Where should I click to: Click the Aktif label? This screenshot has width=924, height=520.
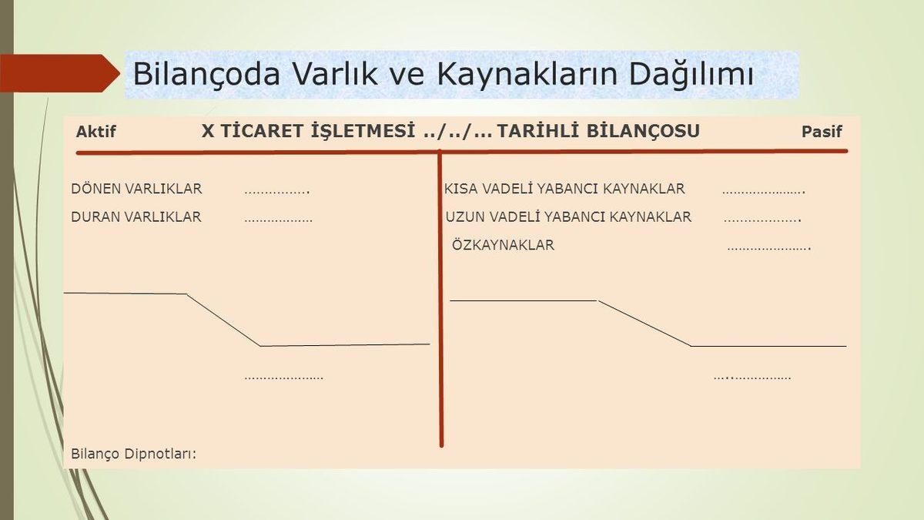96,132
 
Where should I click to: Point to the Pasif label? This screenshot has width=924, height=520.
822,132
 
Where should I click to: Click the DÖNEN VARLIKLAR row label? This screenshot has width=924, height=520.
136,189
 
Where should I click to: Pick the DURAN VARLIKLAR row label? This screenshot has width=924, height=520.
136,217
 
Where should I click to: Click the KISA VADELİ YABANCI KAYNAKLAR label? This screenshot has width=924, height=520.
564,189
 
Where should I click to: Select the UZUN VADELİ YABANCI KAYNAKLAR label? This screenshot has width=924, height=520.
568,217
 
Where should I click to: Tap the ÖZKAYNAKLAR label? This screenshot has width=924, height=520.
503,246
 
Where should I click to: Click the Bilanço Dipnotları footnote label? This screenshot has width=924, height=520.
134,453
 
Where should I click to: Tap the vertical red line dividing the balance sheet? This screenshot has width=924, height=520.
440,308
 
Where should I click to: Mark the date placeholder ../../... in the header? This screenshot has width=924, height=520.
457,132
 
